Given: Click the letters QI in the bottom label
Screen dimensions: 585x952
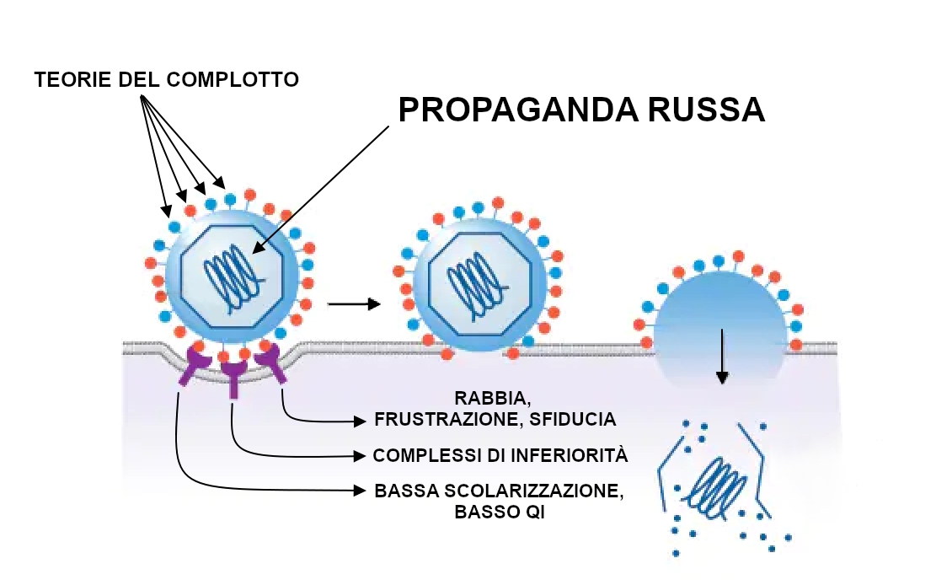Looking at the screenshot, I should click(x=532, y=512).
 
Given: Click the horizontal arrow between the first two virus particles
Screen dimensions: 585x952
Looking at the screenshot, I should click(x=354, y=304).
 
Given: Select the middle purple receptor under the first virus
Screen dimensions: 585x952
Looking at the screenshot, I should click(x=233, y=375).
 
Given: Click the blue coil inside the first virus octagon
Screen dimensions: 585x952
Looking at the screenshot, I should click(x=230, y=274).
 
